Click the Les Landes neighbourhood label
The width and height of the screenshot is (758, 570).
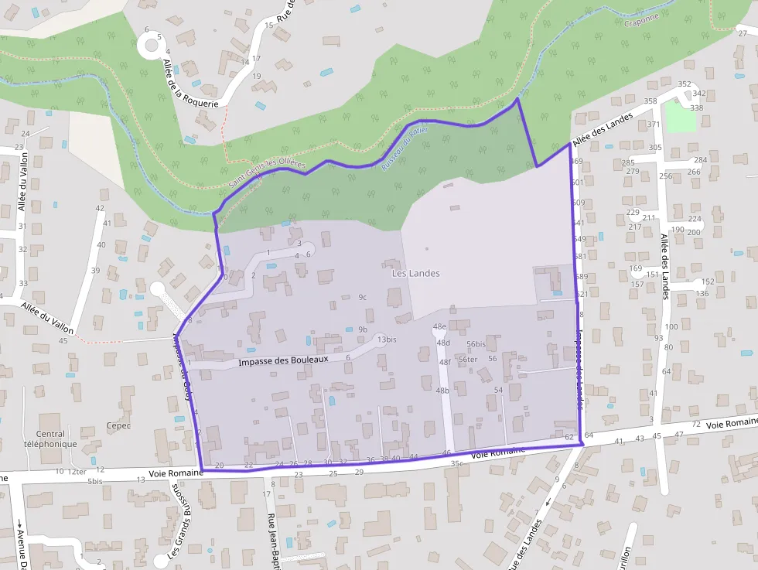pyautogui.click(x=415, y=273)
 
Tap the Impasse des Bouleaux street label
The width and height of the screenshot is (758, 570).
pyautogui.click(x=283, y=360)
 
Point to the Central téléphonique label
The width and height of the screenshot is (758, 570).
pyautogui.click(x=56, y=439)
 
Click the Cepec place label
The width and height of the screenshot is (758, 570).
pyautogui.click(x=119, y=425)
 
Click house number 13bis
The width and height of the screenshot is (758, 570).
pyautogui.click(x=387, y=340)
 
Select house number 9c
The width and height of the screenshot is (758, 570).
pyautogui.click(x=362, y=297)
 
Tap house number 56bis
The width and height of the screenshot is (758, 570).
pyautogui.click(x=476, y=344)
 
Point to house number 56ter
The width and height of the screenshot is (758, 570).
pyautogui.click(x=467, y=359)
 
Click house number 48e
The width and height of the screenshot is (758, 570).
pyautogui.click(x=440, y=326)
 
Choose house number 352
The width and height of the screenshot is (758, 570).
pyautogui.click(x=684, y=84)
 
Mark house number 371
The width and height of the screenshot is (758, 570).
pyautogui.click(x=654, y=125)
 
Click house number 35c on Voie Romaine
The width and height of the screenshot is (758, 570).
pyautogui.click(x=456, y=464)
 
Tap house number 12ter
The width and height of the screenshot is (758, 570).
pyautogui.click(x=77, y=471)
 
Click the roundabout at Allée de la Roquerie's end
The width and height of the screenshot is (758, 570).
pyautogui.click(x=152, y=45)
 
